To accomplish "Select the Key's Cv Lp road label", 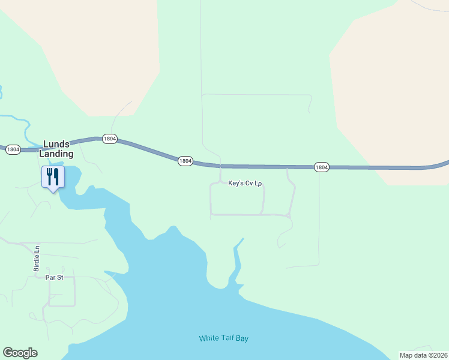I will [x=245, y=184].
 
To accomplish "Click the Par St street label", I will [x=54, y=277].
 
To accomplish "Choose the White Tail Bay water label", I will [x=223, y=338].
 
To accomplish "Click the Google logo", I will [x=20, y=353].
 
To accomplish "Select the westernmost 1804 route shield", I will [x=13, y=149].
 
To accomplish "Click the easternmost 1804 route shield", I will [x=322, y=167].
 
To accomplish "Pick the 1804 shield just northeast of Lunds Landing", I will [x=109, y=139].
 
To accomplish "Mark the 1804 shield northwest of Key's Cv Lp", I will [x=185, y=160].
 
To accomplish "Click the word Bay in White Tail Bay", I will [x=241, y=338].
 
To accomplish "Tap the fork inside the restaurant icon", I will [x=49, y=176].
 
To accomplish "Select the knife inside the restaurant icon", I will [x=56, y=176].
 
